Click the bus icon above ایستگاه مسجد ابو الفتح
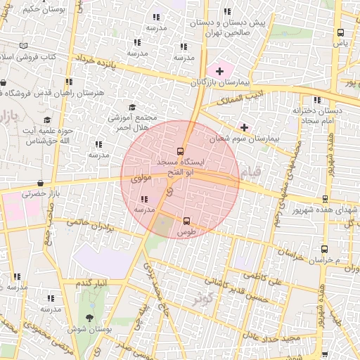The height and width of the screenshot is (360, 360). (181, 150)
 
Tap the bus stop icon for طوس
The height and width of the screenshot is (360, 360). (186, 221)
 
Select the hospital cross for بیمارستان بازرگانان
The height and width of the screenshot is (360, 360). (219, 71)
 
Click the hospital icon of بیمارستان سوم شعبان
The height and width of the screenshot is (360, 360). (244, 127)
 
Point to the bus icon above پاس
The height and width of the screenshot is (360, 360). (341, 32)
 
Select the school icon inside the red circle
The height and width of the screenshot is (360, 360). (145, 199)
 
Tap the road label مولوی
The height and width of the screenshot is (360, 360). (142, 180)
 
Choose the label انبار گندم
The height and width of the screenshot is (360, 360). (92, 282)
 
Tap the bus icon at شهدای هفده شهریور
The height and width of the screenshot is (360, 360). (325, 199)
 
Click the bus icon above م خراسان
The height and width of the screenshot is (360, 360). (324, 249)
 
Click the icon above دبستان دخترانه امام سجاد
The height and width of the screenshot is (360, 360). (317, 100)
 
